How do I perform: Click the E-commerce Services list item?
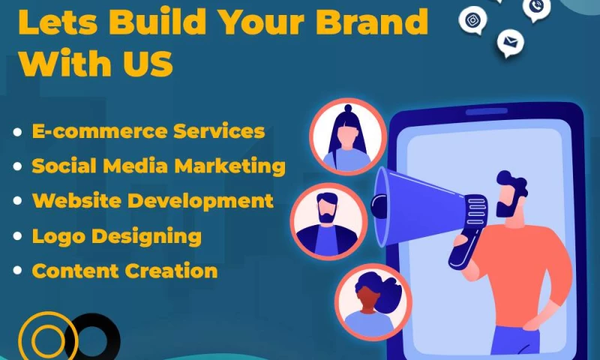(148, 131)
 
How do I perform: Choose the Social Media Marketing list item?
(158, 166)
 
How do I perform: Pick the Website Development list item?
(152, 201)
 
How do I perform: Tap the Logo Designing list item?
(116, 236)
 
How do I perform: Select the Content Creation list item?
(124, 271)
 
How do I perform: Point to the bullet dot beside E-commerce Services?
(17, 132)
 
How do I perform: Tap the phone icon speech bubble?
(536, 7)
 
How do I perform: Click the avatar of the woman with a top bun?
(347, 137)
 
